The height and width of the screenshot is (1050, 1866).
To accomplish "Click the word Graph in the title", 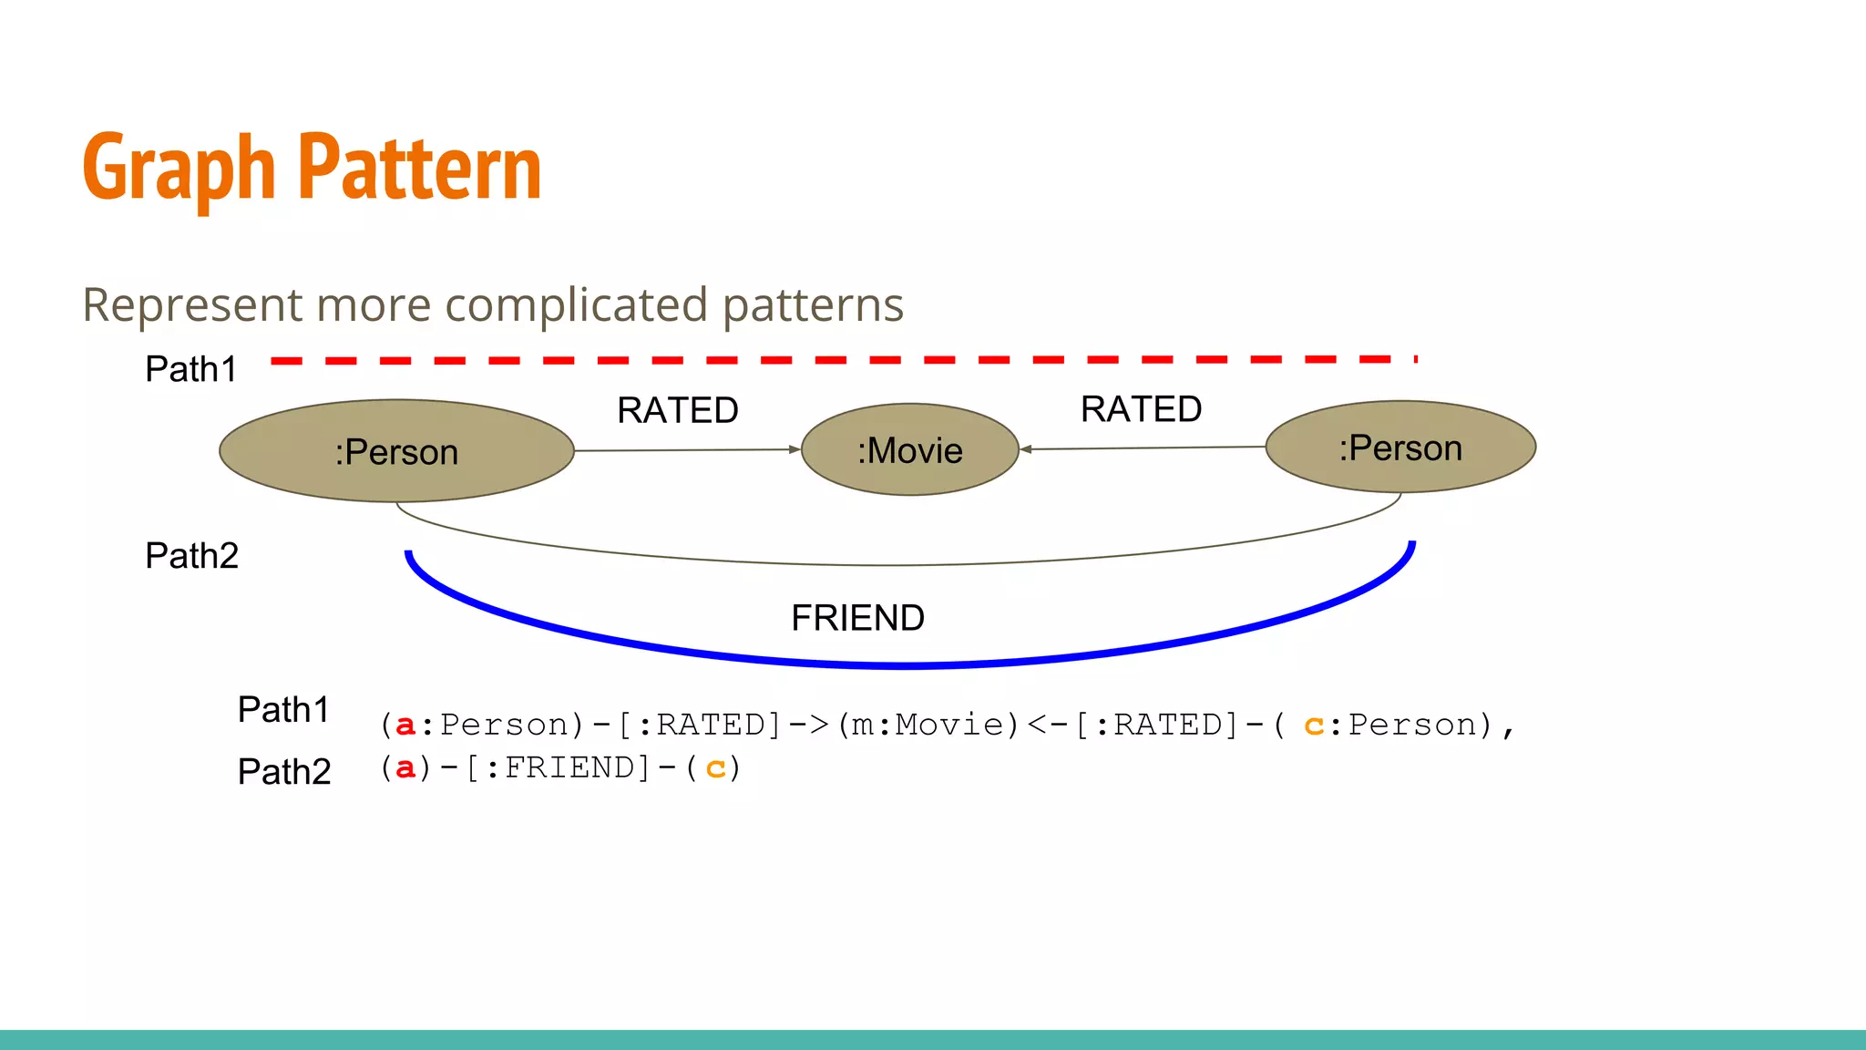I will pyautogui.click(x=179, y=169).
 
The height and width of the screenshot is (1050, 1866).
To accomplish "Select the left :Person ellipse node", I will pyautogui.click(x=396, y=451).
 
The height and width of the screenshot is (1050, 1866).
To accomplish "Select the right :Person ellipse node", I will pyautogui.click(x=1400, y=448).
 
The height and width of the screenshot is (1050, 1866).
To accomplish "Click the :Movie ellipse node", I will pyautogui.click(x=909, y=450).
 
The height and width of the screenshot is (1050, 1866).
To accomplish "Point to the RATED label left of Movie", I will pyautogui.click(x=677, y=410).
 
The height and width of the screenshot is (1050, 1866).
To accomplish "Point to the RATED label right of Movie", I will pyautogui.click(x=1141, y=409).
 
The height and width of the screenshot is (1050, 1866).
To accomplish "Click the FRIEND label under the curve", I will pyautogui.click(x=857, y=618).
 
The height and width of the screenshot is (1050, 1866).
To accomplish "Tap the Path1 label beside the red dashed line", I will pyautogui.click(x=191, y=369).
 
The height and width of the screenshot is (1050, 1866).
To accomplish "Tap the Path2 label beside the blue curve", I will pyautogui.click(x=191, y=555).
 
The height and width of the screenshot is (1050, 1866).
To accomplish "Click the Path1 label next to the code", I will pyautogui.click(x=283, y=709).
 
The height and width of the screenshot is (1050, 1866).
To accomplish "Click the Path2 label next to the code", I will pyautogui.click(x=283, y=771).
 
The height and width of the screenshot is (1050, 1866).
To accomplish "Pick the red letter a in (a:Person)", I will pyautogui.click(x=405, y=726).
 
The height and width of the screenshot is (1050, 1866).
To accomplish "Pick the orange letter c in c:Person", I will pyautogui.click(x=1313, y=726).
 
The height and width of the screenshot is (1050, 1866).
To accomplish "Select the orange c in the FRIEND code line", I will pyautogui.click(x=716, y=769).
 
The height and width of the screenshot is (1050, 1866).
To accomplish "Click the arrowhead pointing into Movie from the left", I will pyautogui.click(x=795, y=449).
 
